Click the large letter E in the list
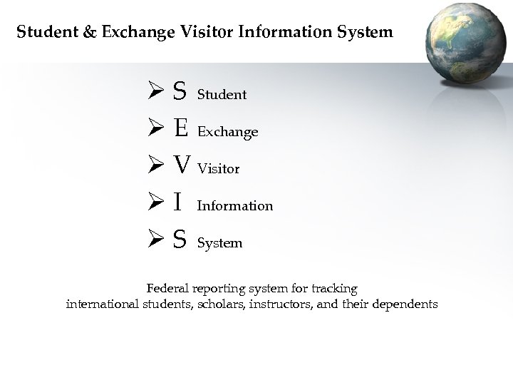point(181,129)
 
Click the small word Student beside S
point(222,94)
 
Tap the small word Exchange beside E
point(227,132)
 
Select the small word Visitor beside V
point(218,169)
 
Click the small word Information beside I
point(234,206)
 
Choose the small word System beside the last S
point(219,243)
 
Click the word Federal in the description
point(168,289)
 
